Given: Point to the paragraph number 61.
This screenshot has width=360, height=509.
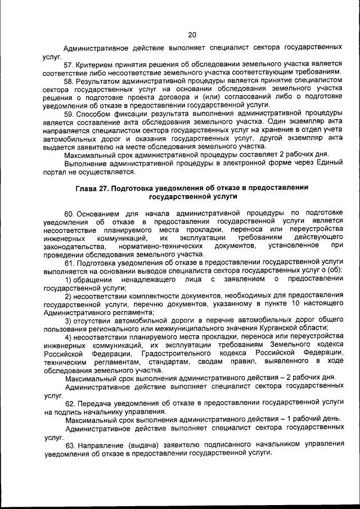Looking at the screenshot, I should click(x=70, y=263).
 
